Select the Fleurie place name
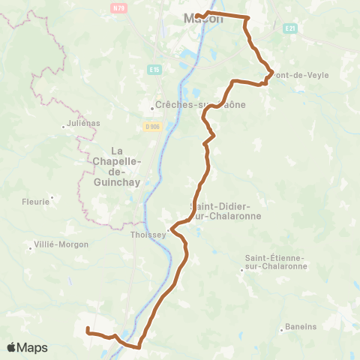coord(34,201)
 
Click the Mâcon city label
coord(203,19)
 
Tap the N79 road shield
coord(117,8)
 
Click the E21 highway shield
coord(291,28)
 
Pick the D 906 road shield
coord(152,126)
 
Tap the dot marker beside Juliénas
coord(64,126)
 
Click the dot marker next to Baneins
coord(281,328)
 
